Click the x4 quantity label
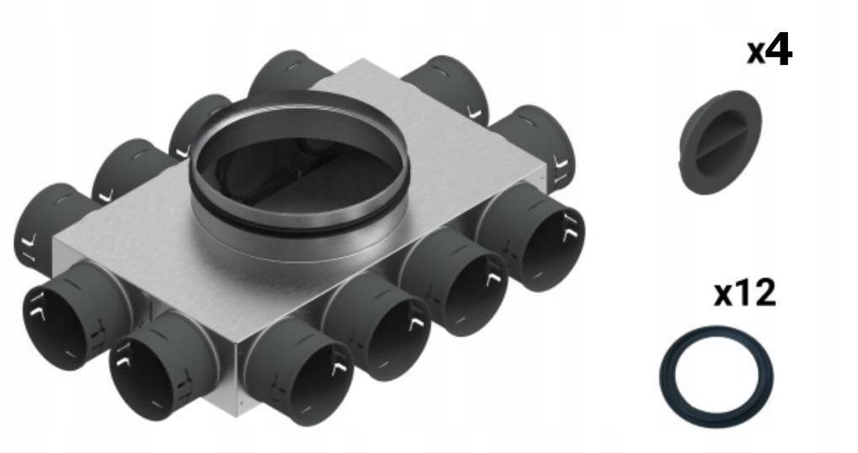pyautogui.click(x=770, y=51)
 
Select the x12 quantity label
pyautogui.click(x=744, y=294)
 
